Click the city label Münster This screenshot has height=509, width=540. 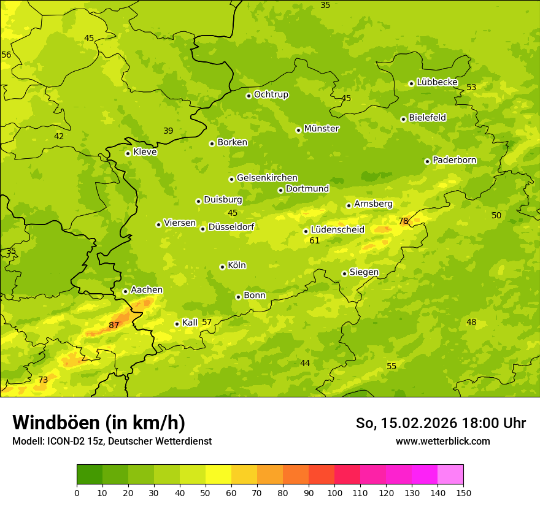[322, 129]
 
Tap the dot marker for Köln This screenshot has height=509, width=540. [222, 267]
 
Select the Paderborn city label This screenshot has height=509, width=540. [455, 160]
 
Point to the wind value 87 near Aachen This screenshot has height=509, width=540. [114, 325]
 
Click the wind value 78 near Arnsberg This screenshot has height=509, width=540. [403, 221]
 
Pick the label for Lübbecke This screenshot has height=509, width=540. [437, 82]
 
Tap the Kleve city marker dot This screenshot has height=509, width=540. [128, 153]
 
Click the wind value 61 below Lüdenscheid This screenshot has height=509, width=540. [315, 240]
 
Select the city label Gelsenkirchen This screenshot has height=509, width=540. [267, 178]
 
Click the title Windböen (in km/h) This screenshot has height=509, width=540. [99, 423]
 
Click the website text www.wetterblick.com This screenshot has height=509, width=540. [442, 441]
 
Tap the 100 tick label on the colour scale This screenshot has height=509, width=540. [334, 492]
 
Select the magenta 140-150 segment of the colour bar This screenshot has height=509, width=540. [450, 475]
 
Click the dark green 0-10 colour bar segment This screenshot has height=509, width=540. [90, 475]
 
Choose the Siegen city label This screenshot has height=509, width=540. [364, 272]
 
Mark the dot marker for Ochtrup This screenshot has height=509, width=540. [249, 95]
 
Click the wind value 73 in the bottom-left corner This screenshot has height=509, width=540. [43, 380]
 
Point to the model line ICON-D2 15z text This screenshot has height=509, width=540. [112, 441]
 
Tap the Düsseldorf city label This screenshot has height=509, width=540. [231, 227]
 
